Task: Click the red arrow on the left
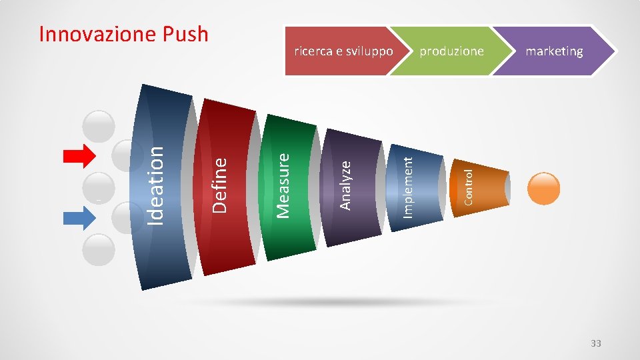click(x=79, y=157)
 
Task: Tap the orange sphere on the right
click(x=544, y=188)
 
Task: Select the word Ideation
click(x=155, y=185)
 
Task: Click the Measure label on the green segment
click(x=283, y=185)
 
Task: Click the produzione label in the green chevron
click(x=451, y=51)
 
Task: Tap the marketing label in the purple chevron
click(x=554, y=51)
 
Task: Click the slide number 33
click(x=595, y=343)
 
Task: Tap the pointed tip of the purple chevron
click(x=611, y=51)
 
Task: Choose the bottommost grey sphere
click(x=100, y=250)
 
